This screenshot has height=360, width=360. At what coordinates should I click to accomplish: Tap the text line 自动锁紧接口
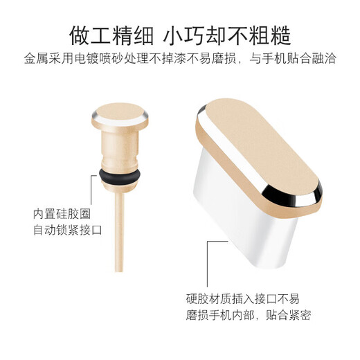point(67,230)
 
